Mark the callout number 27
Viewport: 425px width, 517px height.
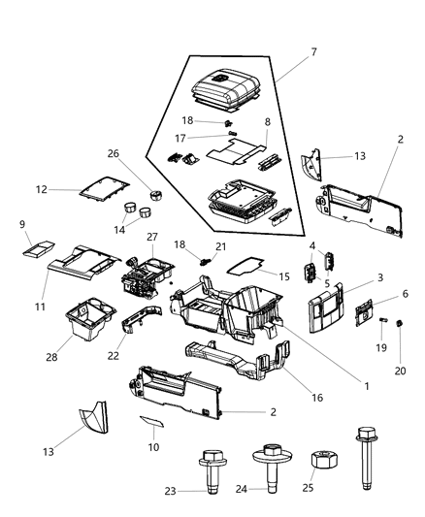(151, 237)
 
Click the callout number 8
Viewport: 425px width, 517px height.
(267, 123)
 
